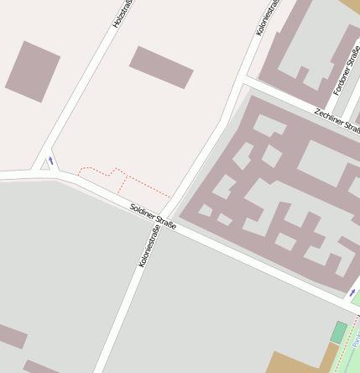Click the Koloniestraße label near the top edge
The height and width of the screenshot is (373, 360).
pos(267,18)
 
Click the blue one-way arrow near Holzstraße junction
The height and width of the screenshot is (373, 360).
pos(51,160)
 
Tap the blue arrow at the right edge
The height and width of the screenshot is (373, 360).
pos(352,292)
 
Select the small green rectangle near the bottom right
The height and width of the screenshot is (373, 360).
pos(338,332)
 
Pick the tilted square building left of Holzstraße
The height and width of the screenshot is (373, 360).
pos(33,71)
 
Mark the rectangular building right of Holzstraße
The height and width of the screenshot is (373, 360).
pos(162,67)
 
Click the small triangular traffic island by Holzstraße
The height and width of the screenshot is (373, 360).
pos(44,165)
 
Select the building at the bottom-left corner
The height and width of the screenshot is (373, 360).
pos(12,335)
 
